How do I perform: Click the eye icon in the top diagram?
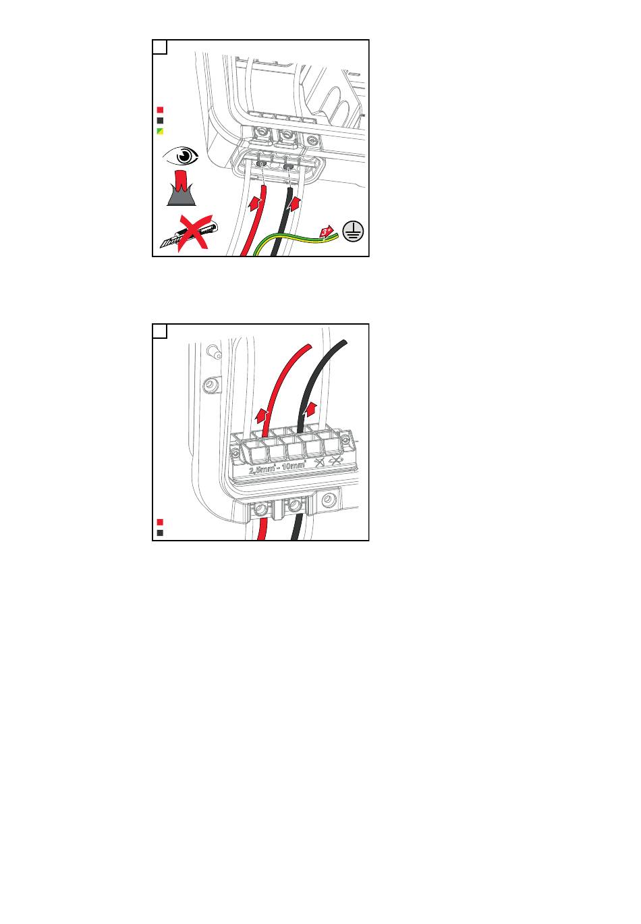(x=180, y=156)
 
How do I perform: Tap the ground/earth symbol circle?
(x=353, y=232)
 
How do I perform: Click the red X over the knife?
(x=194, y=233)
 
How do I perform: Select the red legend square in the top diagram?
(x=160, y=110)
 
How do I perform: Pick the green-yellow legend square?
(x=160, y=132)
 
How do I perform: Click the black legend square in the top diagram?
(x=160, y=121)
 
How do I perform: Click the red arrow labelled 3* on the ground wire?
(x=326, y=232)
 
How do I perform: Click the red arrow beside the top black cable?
(x=294, y=204)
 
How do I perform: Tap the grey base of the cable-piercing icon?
(x=182, y=198)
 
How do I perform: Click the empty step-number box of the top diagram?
(x=160, y=47)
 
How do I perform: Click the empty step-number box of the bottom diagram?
(x=160, y=331)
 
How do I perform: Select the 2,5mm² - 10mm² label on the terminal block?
(x=277, y=467)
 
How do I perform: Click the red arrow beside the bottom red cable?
(x=261, y=415)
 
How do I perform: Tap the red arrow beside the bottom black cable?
(x=310, y=411)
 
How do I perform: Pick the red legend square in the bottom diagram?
(x=160, y=522)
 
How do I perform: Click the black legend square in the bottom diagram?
(x=160, y=533)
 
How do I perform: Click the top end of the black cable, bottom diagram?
(x=344, y=342)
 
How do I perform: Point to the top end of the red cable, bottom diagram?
(x=308, y=346)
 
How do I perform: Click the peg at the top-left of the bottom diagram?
(x=215, y=353)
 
